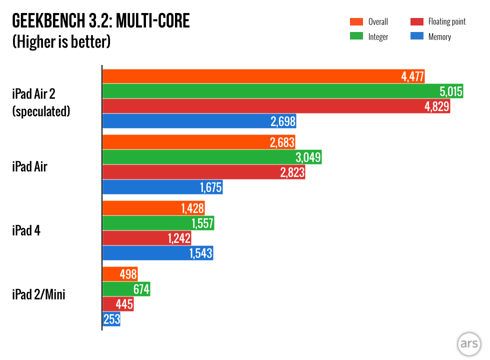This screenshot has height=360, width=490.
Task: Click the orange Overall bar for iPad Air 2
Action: tap(250, 76)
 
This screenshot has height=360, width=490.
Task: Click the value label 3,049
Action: tap(307, 157)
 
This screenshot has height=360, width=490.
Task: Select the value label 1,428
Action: tap(191, 208)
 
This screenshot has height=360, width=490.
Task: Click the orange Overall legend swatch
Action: tap(356, 21)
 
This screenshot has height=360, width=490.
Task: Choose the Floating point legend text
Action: tap(446, 21)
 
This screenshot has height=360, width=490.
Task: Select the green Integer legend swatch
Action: tap(356, 36)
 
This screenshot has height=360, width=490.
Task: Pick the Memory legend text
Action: tap(439, 36)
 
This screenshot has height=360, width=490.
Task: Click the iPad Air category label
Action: tap(29, 166)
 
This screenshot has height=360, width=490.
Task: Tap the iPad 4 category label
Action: tap(26, 231)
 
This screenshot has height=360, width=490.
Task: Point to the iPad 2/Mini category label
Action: tap(38, 295)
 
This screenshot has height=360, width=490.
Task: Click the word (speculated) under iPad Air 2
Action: tap(41, 111)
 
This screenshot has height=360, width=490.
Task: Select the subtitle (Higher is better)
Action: tap(61, 41)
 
